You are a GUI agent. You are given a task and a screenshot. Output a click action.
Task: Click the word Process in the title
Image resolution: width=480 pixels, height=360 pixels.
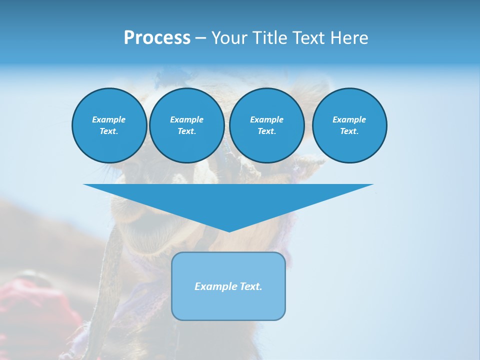click(157, 38)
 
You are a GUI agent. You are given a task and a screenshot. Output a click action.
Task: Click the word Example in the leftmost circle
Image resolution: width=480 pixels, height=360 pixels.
click(109, 119)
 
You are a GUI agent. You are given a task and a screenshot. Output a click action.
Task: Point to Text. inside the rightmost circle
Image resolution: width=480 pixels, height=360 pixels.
click(349, 131)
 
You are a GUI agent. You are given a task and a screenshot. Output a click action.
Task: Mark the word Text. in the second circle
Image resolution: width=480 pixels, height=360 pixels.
click(186, 131)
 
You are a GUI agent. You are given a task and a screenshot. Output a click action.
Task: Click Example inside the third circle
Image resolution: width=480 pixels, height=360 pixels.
click(266, 119)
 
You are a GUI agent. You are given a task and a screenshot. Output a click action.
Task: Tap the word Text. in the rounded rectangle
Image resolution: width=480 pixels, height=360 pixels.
click(250, 286)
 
